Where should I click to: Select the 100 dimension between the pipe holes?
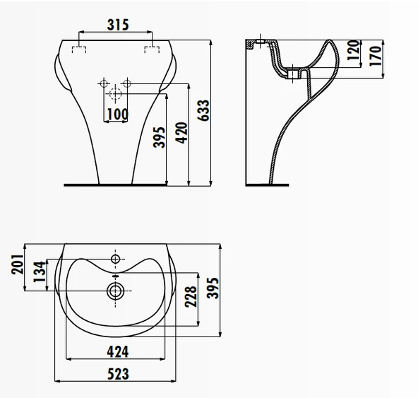117,112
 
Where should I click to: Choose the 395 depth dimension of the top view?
214,288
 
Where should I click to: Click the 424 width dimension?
117,349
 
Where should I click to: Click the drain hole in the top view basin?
117,289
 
